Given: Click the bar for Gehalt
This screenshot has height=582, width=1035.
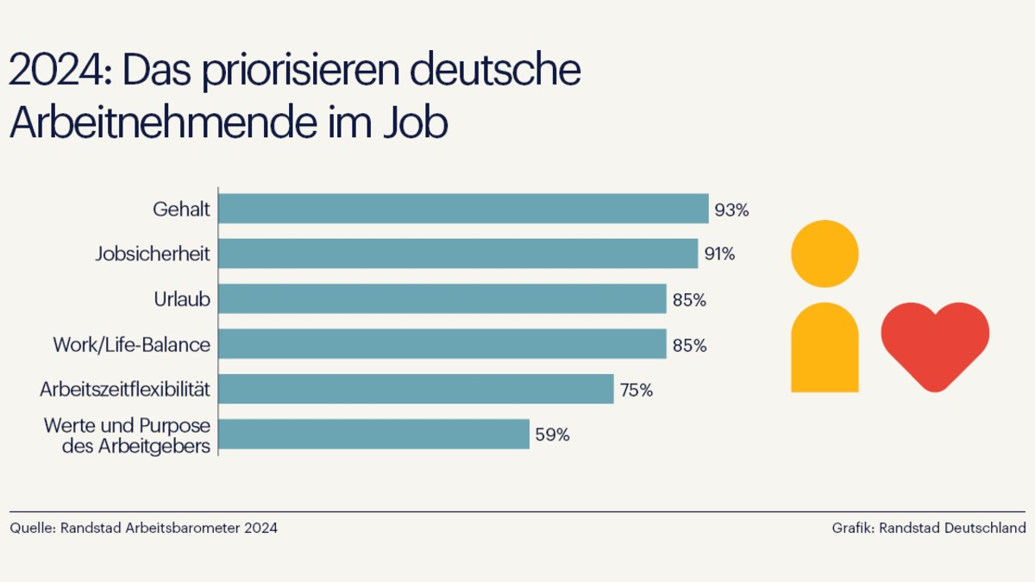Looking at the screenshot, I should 463,209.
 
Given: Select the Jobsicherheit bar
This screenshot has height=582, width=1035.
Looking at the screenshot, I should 458,253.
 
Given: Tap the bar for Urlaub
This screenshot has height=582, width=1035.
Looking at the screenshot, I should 442,299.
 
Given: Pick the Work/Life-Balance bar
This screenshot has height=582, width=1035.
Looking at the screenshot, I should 442,344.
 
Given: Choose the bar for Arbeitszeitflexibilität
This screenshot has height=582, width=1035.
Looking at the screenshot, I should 416,389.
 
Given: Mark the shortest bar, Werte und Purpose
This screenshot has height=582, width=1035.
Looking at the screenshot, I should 373,435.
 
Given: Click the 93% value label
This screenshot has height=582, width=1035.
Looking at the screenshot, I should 731,210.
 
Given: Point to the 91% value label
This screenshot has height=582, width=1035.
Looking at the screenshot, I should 718,254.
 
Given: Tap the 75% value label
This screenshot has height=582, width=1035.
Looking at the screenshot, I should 636,390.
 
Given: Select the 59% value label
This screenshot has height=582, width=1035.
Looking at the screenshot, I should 552,435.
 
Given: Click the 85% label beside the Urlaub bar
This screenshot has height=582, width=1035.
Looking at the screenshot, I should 689,300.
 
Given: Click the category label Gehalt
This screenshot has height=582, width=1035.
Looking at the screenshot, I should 181,210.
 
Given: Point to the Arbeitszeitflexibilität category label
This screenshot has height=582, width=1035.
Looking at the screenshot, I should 125,390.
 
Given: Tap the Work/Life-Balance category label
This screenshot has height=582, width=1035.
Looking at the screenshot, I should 131,345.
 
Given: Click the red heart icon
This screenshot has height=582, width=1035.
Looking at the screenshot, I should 935,342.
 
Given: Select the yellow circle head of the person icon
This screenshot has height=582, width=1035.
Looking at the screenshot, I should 825,253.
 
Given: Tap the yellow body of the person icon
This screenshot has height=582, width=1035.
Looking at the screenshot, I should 825,349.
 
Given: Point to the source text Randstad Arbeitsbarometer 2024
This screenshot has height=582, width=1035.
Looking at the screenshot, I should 169,528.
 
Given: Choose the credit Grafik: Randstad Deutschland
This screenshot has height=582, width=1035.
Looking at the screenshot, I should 928,528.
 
